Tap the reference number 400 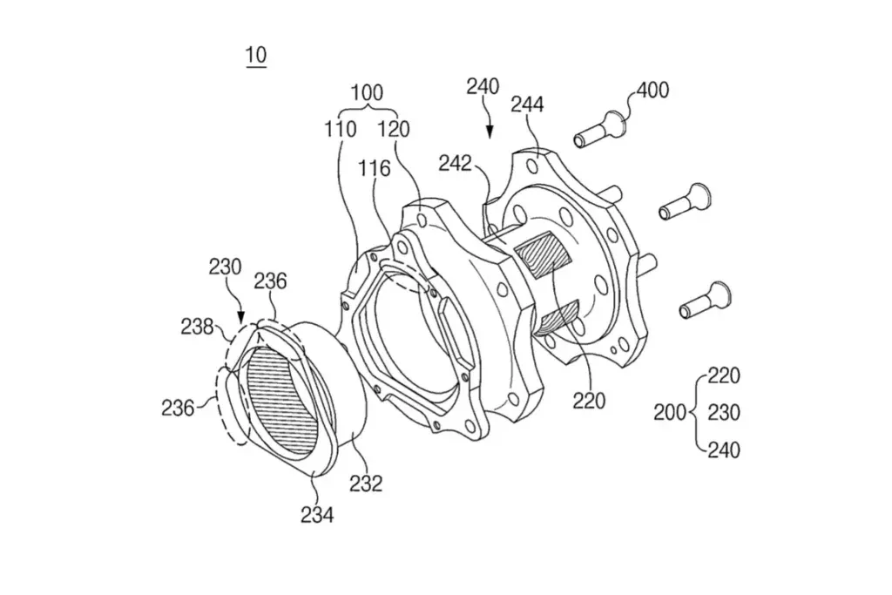click(652, 90)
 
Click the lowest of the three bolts click(706, 301)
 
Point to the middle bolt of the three click(685, 202)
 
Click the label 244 click(527, 105)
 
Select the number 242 click(455, 164)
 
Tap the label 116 click(375, 168)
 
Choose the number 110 click(341, 130)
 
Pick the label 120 click(394, 130)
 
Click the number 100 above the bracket click(367, 92)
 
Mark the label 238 click(197, 327)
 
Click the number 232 click(366, 483)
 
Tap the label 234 click(317, 516)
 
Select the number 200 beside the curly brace click(670, 412)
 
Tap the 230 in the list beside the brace click(724, 412)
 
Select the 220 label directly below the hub click(589, 402)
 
